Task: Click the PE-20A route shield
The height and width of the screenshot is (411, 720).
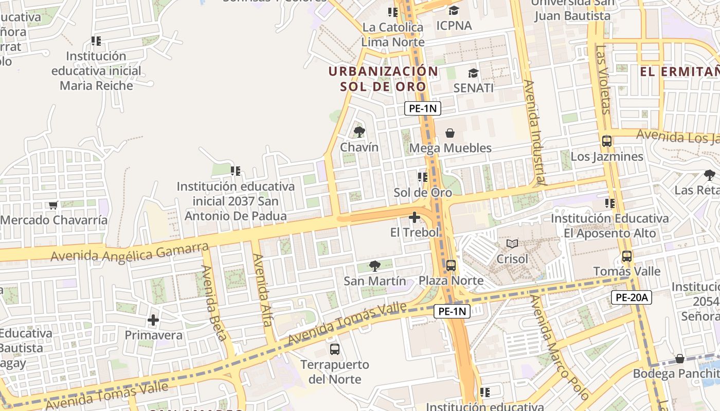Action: click(x=632, y=296)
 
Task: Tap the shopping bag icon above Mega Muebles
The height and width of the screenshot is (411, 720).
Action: click(x=450, y=133)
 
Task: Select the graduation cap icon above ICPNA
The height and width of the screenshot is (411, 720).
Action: click(x=454, y=10)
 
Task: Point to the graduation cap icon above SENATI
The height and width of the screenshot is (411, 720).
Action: click(x=473, y=73)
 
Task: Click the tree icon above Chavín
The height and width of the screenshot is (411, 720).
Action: click(x=359, y=132)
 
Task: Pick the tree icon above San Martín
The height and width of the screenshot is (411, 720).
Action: click(x=375, y=266)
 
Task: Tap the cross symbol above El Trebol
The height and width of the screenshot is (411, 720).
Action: click(x=415, y=217)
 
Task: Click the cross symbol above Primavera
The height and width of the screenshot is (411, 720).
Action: click(x=153, y=320)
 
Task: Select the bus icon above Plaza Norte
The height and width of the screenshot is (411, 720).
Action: click(x=451, y=266)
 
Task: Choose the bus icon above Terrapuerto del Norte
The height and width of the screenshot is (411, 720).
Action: click(x=335, y=349)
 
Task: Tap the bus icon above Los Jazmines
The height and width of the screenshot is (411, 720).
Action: click(x=607, y=141)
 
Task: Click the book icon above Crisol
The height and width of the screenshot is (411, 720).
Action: click(x=512, y=244)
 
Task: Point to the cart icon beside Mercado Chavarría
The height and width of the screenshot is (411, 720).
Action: click(x=53, y=206)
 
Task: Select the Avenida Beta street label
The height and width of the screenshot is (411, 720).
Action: click(x=214, y=303)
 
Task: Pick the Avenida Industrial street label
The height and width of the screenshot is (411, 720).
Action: click(x=533, y=132)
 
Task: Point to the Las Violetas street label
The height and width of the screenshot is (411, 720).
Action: click(x=603, y=80)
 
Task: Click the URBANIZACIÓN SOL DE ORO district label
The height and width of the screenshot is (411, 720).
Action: click(x=383, y=79)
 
